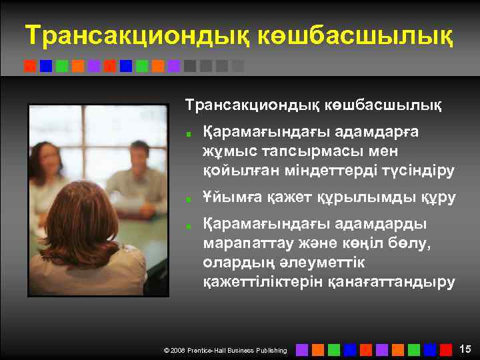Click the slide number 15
click(465, 348)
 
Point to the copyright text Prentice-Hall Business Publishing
click(238, 350)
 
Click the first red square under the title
click(30, 66)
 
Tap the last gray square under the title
click(238, 66)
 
